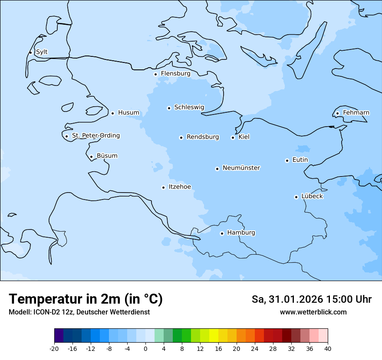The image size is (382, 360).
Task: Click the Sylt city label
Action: click(x=42, y=52)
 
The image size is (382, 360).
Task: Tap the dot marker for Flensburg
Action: click(x=155, y=74)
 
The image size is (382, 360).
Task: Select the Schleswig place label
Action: click(x=189, y=107)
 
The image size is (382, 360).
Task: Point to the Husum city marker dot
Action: click(x=112, y=113)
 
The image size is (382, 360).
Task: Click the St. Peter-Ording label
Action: click(x=95, y=135)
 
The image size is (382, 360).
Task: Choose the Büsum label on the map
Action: click(x=107, y=156)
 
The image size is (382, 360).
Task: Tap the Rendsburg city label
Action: click(x=203, y=137)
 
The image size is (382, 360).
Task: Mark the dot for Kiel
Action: click(x=233, y=137)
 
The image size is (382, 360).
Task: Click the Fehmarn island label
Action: click(x=356, y=113)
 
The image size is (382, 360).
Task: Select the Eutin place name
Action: click(x=300, y=160)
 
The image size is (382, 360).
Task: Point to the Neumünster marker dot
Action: click(x=217, y=169)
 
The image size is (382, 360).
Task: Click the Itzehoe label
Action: click(x=180, y=187)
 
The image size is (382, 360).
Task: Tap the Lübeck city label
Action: click(x=312, y=196)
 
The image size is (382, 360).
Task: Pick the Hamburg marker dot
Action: click(x=222, y=233)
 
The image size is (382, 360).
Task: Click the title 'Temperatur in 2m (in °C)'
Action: click(x=86, y=299)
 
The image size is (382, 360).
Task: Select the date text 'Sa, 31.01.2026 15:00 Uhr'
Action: click(x=311, y=299)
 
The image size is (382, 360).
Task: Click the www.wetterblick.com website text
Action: click(x=313, y=312)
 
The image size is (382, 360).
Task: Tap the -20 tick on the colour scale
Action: click(x=54, y=348)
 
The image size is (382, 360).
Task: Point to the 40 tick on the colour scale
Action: click(x=328, y=348)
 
